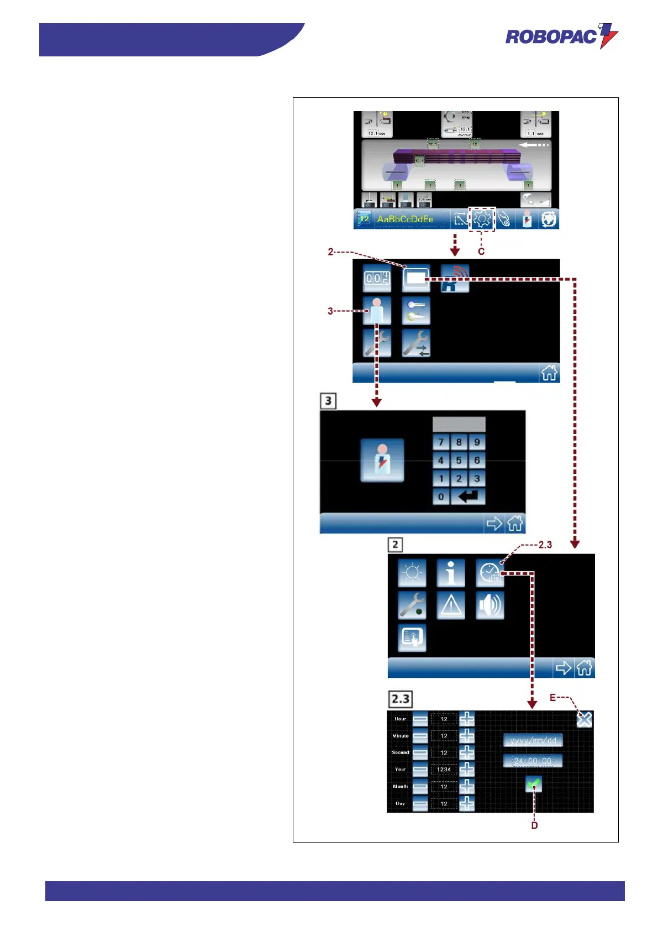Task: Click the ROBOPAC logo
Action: click(561, 36)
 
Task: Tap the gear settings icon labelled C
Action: click(482, 219)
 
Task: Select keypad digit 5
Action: click(459, 460)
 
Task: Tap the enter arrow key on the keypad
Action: click(468, 496)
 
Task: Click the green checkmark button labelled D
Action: click(534, 784)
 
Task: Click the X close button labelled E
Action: click(584, 719)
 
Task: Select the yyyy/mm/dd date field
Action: click(533, 740)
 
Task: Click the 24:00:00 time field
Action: click(533, 761)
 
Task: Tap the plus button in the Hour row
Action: click(467, 719)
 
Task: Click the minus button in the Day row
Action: click(420, 804)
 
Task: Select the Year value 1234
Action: click(444, 770)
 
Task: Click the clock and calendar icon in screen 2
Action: click(489, 573)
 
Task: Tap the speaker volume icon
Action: click(489, 605)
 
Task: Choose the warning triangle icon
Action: click(451, 605)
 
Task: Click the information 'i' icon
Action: click(451, 573)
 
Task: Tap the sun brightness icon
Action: click(412, 573)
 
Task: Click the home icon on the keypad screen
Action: click(515, 523)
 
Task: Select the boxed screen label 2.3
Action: click(401, 699)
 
